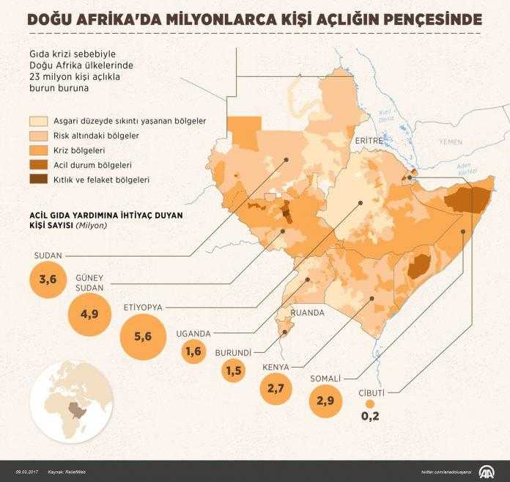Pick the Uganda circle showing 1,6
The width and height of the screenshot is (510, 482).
point(194,351)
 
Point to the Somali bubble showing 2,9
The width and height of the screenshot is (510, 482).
point(325,401)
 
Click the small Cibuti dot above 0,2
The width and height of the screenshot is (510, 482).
point(371,404)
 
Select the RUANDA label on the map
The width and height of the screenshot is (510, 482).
point(308,312)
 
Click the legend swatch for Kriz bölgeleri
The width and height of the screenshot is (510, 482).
point(38,150)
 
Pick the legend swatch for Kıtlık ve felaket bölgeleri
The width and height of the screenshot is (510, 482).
point(38,178)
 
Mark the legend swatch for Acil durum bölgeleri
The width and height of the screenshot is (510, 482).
point(38,164)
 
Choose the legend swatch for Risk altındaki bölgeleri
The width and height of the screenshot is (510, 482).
point(38,136)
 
